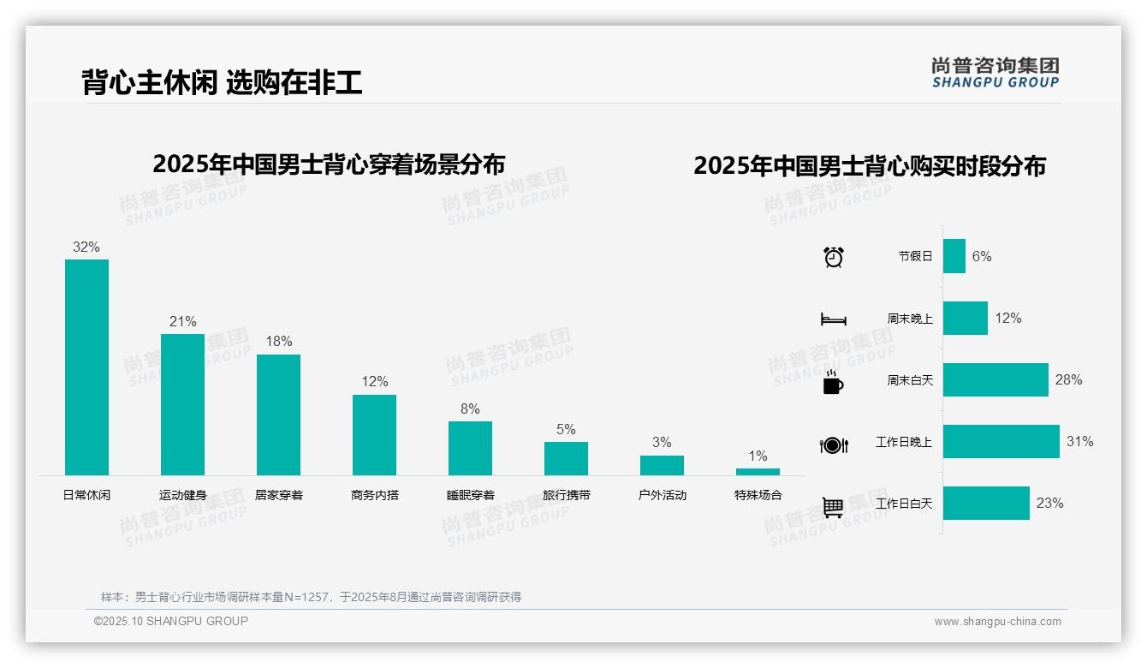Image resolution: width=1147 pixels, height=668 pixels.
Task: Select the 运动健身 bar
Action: [182, 404]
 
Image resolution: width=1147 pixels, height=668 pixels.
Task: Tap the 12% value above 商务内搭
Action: [374, 382]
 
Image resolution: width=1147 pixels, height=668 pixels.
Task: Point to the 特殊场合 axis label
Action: [758, 495]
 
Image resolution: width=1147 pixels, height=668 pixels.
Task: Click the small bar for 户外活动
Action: [662, 465]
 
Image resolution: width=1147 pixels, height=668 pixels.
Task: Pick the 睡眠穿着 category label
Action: [470, 495]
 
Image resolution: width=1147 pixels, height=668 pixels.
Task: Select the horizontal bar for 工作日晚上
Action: [1001, 442]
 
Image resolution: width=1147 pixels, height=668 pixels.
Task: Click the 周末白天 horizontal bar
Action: [995, 380]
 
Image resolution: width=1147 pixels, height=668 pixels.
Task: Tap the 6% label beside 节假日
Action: [981, 257]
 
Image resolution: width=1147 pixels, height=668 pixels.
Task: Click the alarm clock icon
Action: [833, 257]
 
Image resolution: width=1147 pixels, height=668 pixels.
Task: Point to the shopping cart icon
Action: [833, 507]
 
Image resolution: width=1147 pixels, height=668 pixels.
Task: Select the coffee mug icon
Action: [833, 382]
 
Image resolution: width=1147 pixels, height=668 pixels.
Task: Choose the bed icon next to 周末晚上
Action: [833, 319]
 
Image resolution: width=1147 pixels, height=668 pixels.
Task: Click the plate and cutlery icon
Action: [833, 445]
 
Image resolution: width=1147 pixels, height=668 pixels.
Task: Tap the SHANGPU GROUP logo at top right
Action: [995, 72]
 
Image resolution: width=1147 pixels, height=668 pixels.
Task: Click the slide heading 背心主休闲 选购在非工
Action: [222, 82]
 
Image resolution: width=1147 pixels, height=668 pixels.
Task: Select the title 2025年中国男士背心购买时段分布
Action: [869, 166]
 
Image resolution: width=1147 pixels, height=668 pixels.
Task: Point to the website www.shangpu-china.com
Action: [997, 622]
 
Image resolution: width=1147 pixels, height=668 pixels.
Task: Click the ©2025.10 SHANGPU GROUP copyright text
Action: [171, 621]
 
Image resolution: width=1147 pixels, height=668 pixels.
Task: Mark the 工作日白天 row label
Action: [903, 504]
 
